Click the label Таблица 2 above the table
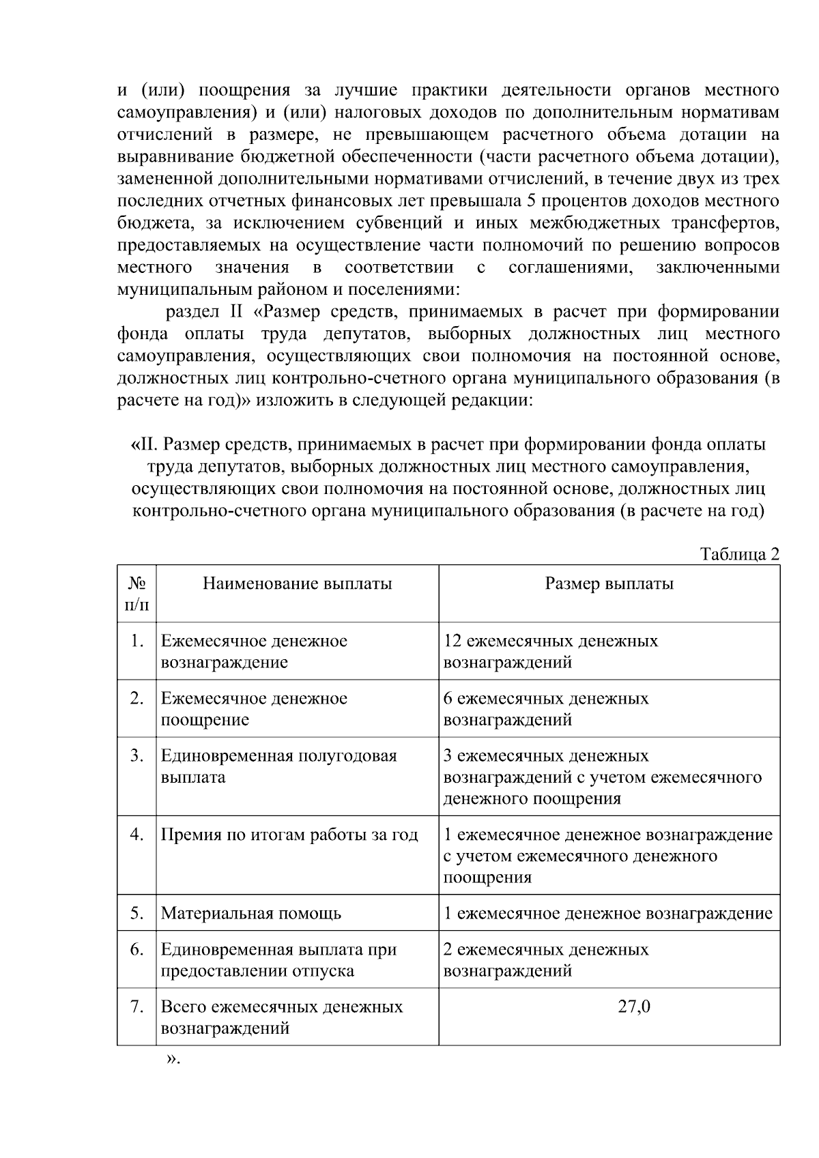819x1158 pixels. [x=739, y=554]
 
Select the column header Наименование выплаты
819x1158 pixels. [x=297, y=583]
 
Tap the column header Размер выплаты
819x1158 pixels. [x=609, y=583]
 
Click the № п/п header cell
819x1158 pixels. [x=136, y=594]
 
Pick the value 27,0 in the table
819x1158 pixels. [x=634, y=1007]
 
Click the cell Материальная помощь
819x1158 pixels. [x=250, y=913]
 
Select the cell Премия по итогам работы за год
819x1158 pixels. [x=289, y=835]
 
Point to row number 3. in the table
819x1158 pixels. [x=136, y=756]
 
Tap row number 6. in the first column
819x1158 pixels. [x=136, y=950]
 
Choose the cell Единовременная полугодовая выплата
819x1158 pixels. [x=278, y=766]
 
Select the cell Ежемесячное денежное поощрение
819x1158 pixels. [x=254, y=709]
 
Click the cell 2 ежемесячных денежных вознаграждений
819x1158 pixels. [x=546, y=960]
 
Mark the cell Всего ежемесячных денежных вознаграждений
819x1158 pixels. [x=281, y=1017]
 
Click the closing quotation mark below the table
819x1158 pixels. [x=172, y=1059]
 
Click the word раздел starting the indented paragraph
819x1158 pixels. [x=192, y=312]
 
